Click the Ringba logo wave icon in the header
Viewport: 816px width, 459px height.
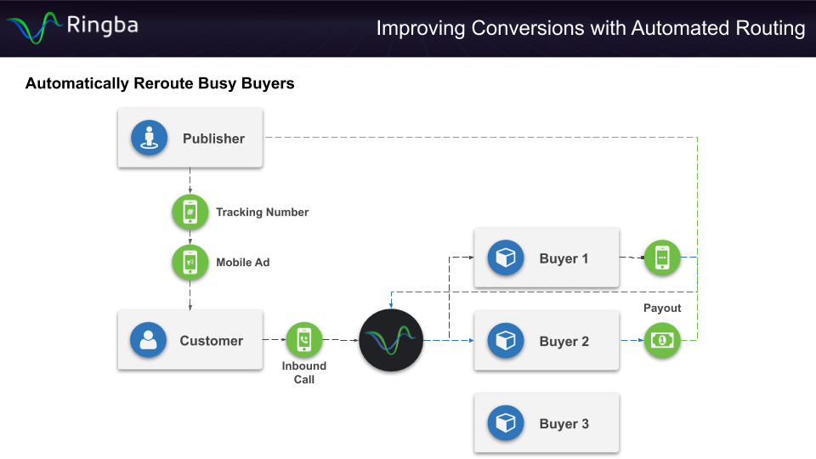pos(33,27)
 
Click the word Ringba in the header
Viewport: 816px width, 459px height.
pos(102,25)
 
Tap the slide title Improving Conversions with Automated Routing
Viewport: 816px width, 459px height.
pos(590,28)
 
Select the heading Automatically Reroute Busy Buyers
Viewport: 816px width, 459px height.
pos(160,83)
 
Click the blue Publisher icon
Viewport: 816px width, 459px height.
pos(149,138)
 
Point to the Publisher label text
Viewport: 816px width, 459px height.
pos(213,139)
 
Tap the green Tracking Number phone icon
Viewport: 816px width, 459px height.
pos(190,212)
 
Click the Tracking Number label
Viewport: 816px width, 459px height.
pos(262,212)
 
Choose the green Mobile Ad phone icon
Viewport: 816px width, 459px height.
pos(190,262)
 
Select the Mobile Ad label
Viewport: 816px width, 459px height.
pos(242,263)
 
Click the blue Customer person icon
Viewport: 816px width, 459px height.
pos(148,340)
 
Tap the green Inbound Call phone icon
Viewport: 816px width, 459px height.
pos(303,339)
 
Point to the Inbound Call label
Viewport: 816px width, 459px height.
pos(303,373)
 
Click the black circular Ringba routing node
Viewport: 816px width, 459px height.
pos(391,341)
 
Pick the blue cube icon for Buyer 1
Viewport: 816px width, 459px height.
pos(506,258)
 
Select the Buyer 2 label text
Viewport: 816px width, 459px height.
pos(564,342)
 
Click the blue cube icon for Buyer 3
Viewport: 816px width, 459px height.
pos(506,423)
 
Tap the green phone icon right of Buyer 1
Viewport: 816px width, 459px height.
pos(662,258)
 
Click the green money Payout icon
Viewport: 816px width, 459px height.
pos(662,340)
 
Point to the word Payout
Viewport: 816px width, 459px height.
pos(662,308)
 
